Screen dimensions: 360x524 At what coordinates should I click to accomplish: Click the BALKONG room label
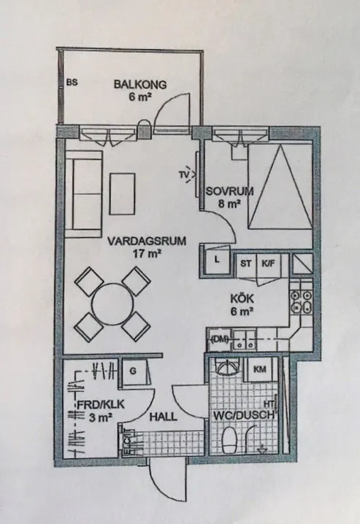click(x=140, y=84)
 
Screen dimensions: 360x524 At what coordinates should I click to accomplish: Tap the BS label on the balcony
click(x=72, y=82)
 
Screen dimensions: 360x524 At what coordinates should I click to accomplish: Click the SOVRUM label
click(x=229, y=191)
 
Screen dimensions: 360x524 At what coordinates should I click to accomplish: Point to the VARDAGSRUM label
click(x=147, y=241)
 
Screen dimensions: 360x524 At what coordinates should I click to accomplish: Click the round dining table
click(x=112, y=304)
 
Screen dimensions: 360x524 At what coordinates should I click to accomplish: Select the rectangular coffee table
click(x=123, y=194)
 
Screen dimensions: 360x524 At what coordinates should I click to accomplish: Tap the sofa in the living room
click(x=83, y=194)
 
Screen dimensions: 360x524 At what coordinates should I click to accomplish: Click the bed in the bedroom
click(x=280, y=187)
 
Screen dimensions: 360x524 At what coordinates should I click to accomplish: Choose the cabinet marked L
click(x=218, y=261)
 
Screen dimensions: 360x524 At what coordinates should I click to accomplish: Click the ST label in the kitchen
click(x=246, y=263)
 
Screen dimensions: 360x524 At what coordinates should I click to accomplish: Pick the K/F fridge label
click(x=268, y=263)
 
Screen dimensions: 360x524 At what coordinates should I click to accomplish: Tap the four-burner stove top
click(x=301, y=302)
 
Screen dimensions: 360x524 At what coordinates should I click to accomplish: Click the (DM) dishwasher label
click(x=220, y=339)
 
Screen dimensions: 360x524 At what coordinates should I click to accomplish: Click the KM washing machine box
click(x=261, y=369)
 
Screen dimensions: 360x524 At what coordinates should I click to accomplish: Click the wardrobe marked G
click(x=134, y=371)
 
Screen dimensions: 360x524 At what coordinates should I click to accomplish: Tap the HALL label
click(x=163, y=417)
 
